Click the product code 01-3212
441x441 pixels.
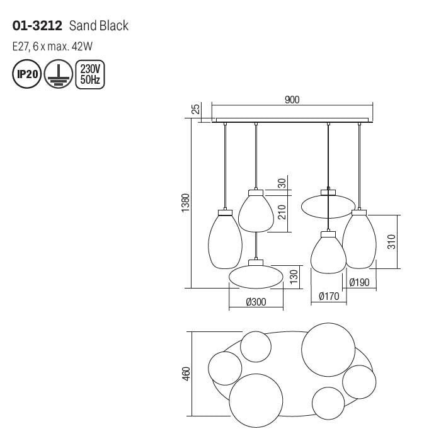[x=37, y=26]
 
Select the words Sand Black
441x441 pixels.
[x=99, y=26]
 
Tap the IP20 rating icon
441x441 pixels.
[x=27, y=74]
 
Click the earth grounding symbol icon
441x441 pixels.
[x=59, y=74]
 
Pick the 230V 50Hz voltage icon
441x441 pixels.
[x=90, y=74]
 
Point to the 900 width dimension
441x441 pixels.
[x=292, y=100]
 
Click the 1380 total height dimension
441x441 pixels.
[x=186, y=203]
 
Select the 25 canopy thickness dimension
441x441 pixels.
[x=196, y=109]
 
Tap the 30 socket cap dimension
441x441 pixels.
[x=282, y=183]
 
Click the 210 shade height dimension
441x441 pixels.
[x=282, y=212]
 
